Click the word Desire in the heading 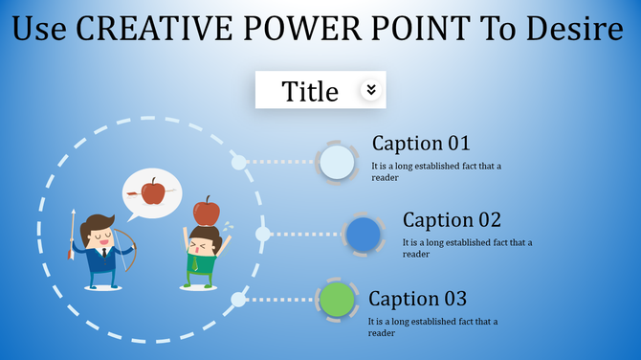(576, 31)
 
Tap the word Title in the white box (310, 91)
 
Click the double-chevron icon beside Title (371, 90)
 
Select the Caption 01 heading (421, 144)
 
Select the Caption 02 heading (452, 220)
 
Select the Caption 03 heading (417, 298)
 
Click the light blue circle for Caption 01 (337, 162)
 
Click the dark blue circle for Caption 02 (364, 235)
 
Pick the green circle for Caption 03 (336, 300)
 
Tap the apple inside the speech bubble (153, 192)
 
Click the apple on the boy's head (206, 211)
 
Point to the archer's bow (130, 251)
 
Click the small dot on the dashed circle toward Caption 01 (238, 163)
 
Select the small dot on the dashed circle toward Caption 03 (238, 300)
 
